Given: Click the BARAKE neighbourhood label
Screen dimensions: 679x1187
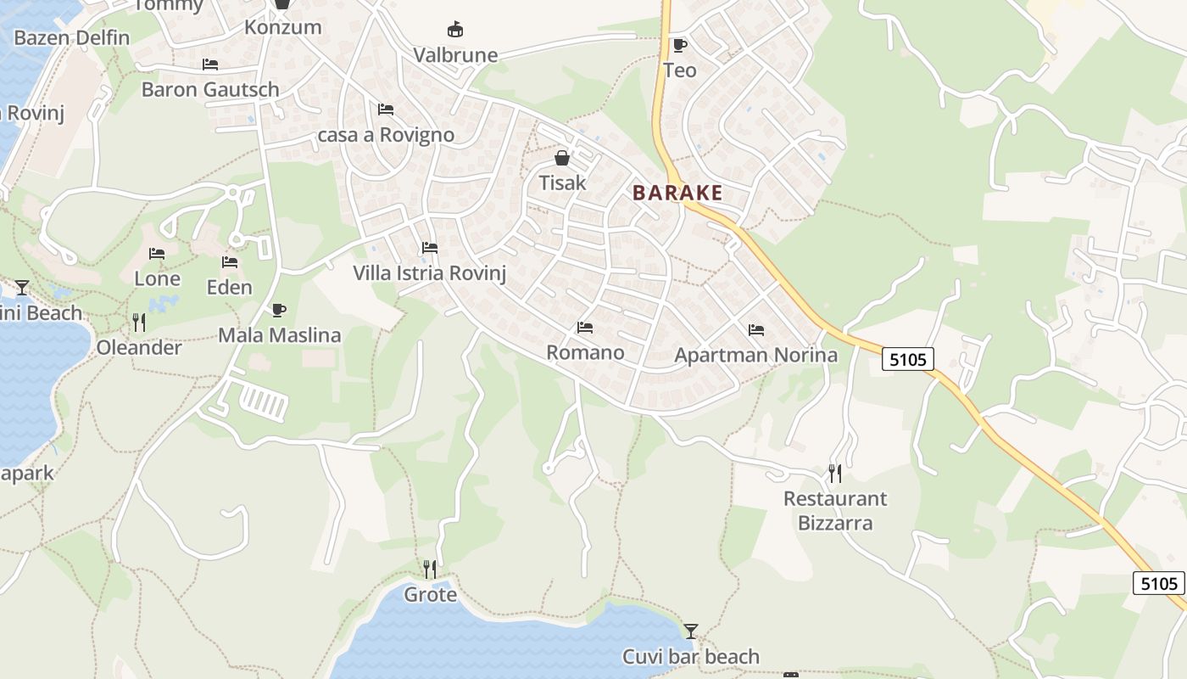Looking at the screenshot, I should [677, 193].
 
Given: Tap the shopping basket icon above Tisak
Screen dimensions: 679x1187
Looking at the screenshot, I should [562, 158].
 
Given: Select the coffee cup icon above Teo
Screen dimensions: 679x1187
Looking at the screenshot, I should [679, 45].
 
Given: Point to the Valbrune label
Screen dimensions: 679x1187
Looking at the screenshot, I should [455, 55].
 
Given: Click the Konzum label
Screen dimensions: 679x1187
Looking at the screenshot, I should [282, 27].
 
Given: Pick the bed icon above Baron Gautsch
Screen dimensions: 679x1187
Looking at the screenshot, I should [210, 65].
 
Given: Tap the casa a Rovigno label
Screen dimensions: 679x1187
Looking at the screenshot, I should [386, 135].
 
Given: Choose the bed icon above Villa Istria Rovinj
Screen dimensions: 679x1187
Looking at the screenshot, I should [430, 249].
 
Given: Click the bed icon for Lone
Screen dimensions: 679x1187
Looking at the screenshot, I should [157, 254].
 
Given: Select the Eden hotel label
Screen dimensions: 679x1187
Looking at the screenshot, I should [230, 288].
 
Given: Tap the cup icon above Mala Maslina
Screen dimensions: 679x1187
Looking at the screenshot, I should [279, 310].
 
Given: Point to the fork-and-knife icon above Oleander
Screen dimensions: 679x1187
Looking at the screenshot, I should [139, 323].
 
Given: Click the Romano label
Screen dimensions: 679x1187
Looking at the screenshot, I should [585, 352].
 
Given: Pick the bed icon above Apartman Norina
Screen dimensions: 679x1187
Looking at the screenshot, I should [756, 330].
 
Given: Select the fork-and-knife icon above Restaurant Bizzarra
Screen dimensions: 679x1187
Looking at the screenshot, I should [835, 473].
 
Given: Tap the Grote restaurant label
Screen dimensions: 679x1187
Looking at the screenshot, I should [430, 595].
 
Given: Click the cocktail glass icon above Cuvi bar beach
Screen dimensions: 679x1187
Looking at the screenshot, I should [691, 631].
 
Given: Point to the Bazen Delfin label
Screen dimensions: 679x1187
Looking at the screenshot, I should [72, 38].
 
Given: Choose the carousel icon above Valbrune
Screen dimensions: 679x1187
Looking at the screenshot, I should [455, 30].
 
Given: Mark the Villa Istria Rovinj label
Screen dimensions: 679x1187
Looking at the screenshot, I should [430, 273].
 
